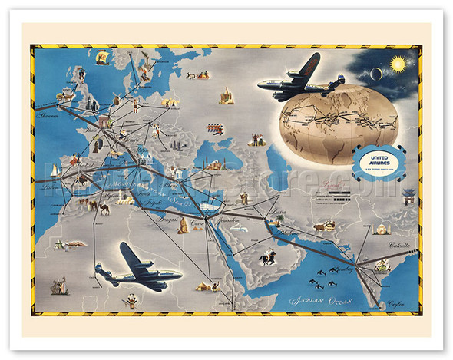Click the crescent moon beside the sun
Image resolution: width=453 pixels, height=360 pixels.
point(377,73)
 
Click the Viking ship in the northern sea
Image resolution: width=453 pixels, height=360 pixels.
point(203,74)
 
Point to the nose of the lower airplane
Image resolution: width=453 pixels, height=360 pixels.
point(177,276)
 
